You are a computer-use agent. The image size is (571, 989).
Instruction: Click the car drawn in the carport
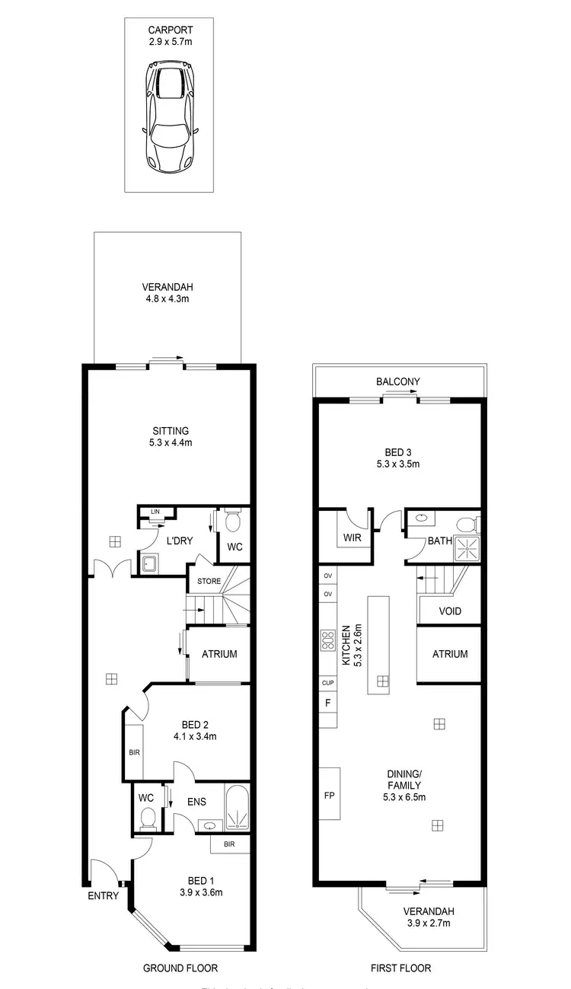coord(171,117)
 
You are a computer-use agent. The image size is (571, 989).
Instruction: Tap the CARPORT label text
coord(171,30)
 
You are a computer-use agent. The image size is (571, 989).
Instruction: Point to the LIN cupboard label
coord(155,512)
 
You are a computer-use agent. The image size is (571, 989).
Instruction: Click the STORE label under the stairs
coord(209,582)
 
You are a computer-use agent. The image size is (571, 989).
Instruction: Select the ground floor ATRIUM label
coord(219,654)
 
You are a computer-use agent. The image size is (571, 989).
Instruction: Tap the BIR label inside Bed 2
coord(134,753)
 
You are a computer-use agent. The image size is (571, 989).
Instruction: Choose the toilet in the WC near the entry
coord(148,818)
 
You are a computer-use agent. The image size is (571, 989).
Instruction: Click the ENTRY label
coord(103,895)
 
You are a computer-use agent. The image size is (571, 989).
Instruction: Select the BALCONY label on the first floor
coord(397,382)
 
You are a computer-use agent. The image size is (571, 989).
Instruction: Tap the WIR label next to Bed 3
coord(352,538)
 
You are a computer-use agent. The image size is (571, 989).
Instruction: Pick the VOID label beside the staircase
coord(450,611)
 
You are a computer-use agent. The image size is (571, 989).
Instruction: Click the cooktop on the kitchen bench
coord(329,640)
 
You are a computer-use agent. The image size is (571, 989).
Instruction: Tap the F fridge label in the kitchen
coord(328,703)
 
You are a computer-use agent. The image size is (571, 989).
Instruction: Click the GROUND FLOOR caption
coord(180,968)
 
